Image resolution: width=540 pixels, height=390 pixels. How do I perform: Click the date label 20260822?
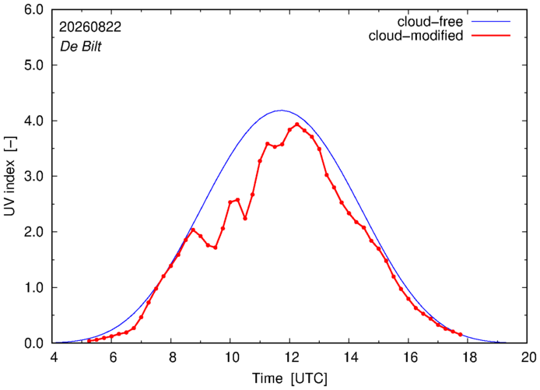click(x=90, y=27)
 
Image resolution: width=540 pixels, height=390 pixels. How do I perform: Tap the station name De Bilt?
click(x=81, y=47)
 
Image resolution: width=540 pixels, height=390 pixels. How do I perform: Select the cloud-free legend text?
click(x=430, y=22)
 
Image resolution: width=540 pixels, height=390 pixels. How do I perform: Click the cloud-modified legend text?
click(x=416, y=36)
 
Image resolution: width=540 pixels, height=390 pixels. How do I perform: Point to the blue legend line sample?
click(x=491, y=21)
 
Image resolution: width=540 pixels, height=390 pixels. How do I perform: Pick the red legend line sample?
click(x=491, y=35)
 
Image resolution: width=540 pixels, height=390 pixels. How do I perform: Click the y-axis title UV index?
click(x=10, y=176)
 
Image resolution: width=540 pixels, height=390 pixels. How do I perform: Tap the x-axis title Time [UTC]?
click(x=290, y=378)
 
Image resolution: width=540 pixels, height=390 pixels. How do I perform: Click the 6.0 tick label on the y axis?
click(x=33, y=9)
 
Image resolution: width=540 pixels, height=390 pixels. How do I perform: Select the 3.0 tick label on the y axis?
click(x=33, y=177)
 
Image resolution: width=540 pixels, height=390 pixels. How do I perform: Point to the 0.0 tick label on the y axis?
click(x=33, y=343)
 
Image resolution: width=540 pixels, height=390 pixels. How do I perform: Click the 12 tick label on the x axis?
click(x=289, y=357)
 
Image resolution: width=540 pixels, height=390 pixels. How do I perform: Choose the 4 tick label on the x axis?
click(x=54, y=357)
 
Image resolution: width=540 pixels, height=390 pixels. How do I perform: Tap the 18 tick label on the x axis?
click(x=468, y=357)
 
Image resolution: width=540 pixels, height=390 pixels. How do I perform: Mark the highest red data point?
click(x=297, y=125)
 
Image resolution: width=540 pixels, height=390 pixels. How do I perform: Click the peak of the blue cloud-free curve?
click(x=282, y=111)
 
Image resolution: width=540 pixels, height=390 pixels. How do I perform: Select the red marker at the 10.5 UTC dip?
click(x=245, y=219)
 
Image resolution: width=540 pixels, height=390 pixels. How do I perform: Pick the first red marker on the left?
click(x=89, y=341)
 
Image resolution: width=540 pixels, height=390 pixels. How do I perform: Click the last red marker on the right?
click(x=460, y=335)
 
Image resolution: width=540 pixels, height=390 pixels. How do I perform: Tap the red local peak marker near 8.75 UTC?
click(x=193, y=230)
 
